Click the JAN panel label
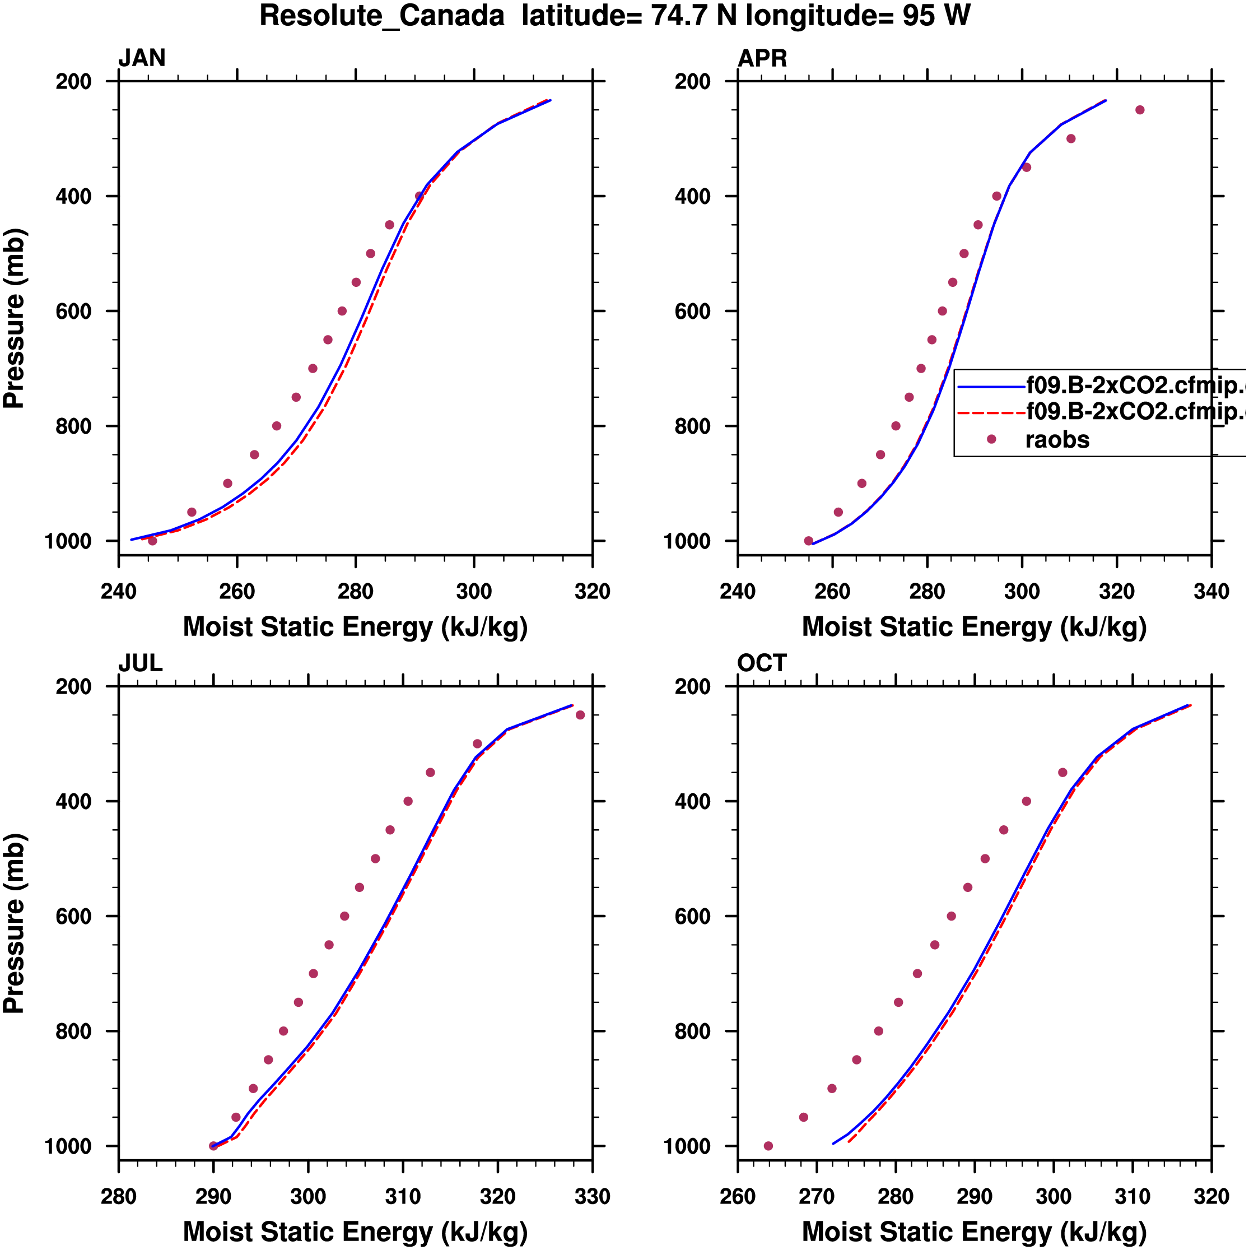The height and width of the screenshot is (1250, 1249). pos(142,58)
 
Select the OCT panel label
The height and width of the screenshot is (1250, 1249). pos(761,663)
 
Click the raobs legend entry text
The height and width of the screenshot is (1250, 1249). pos(1057,440)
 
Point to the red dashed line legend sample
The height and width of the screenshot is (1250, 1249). pos(991,412)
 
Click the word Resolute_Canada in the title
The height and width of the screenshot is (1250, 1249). pos(381,16)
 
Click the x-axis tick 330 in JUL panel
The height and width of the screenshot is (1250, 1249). pos(592,1196)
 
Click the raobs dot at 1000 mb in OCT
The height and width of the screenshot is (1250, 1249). pos(768,1146)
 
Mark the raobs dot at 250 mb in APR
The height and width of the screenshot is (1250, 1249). pos(1140,110)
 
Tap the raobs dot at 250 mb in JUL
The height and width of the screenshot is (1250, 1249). pos(580,715)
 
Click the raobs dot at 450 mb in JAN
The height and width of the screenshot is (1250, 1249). pos(389,225)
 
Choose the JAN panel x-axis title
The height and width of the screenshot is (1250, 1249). pos(355,627)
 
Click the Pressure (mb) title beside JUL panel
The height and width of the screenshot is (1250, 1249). pos(14,923)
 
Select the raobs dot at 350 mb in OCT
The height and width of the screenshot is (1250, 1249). pos(1062,773)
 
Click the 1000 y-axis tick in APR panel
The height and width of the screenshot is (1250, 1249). pos(692,542)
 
